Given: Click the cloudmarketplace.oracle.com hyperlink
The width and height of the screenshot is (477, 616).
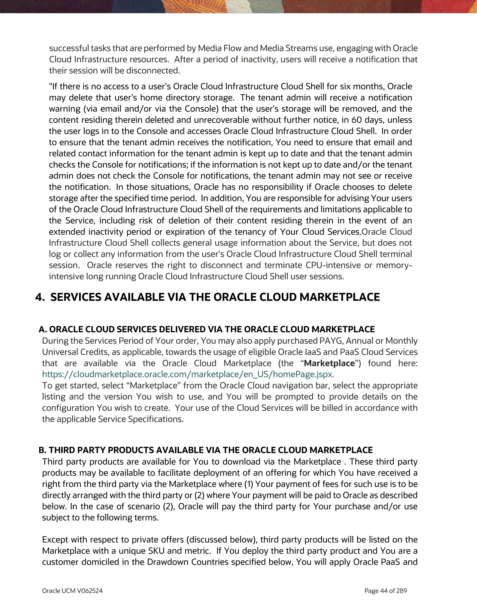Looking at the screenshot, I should coord(188,374).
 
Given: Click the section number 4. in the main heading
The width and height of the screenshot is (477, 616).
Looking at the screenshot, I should coord(40,297).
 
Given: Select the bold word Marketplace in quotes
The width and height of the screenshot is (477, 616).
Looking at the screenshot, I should coord(329,363).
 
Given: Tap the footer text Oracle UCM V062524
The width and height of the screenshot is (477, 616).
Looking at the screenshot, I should coord(72,591).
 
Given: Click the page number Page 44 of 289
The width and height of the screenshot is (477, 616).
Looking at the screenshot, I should coord(386,591).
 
